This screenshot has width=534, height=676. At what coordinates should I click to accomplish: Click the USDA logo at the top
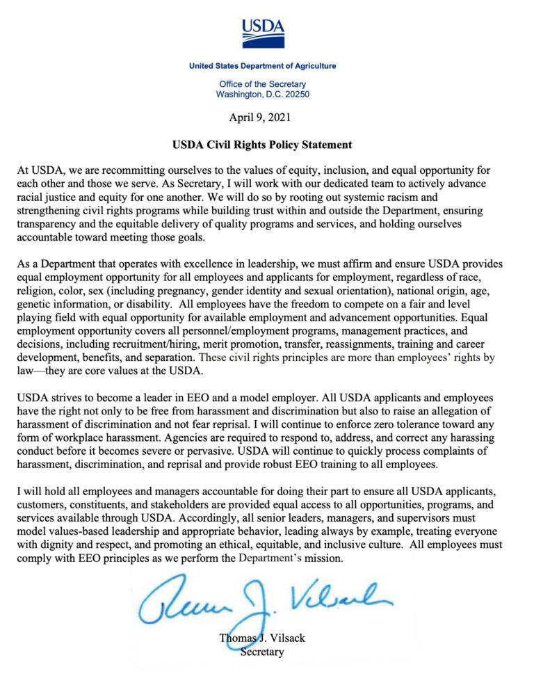(x=263, y=32)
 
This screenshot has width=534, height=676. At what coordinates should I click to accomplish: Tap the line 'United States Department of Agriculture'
(x=262, y=66)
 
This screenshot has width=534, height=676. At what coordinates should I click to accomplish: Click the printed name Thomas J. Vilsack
(x=263, y=639)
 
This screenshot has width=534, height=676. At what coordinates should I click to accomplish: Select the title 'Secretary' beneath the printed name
(x=262, y=652)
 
